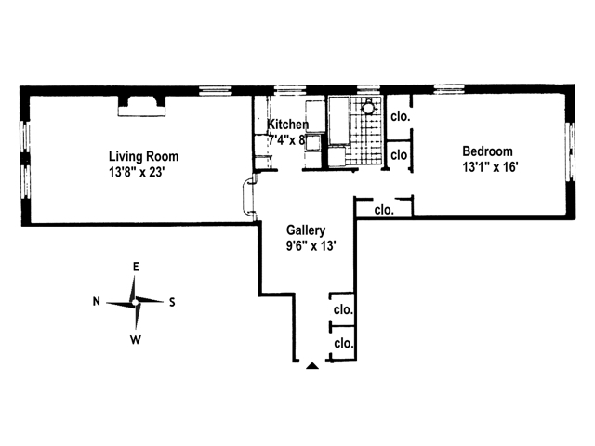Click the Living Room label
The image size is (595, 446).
143,156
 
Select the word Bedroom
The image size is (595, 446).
487,152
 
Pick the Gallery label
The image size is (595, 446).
305,230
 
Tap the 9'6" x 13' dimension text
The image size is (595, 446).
305,246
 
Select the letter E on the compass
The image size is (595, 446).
136,268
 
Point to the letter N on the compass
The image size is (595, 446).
97,302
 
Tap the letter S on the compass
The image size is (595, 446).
173,302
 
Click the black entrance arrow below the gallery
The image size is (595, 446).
312,366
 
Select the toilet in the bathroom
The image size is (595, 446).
370,108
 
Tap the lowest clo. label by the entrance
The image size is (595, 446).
343,343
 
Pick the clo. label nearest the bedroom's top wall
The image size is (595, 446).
401,117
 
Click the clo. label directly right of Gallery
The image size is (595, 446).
383,210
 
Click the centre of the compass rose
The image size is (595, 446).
136,302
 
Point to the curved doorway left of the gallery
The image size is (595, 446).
248,196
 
